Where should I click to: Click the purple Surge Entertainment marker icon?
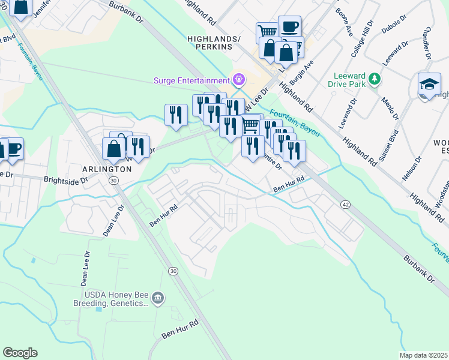(239, 80)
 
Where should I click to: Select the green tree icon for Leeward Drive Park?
(375, 79)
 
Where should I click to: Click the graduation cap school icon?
(429, 85)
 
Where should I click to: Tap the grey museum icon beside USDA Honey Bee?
(158, 298)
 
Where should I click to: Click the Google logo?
(20, 353)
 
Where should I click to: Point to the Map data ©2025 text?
(423, 355)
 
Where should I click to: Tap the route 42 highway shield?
(346, 205)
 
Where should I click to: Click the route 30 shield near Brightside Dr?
(112, 180)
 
